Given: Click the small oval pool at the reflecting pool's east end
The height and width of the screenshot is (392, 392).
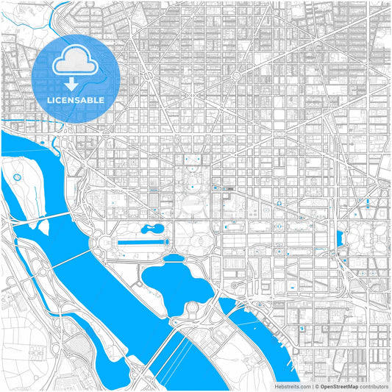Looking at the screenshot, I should click(x=166, y=241).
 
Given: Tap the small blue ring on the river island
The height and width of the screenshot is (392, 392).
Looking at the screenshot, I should click(x=16, y=177).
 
